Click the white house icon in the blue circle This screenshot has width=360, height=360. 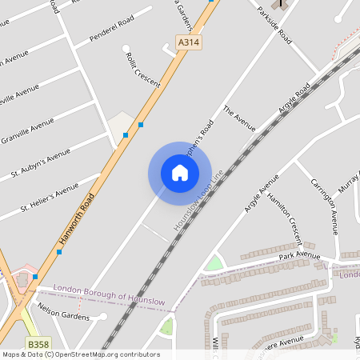(180, 172)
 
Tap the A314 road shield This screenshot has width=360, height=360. (187, 42)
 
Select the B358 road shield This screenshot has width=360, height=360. (36, 343)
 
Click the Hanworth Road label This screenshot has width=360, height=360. (77, 218)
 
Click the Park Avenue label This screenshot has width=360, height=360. (299, 256)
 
